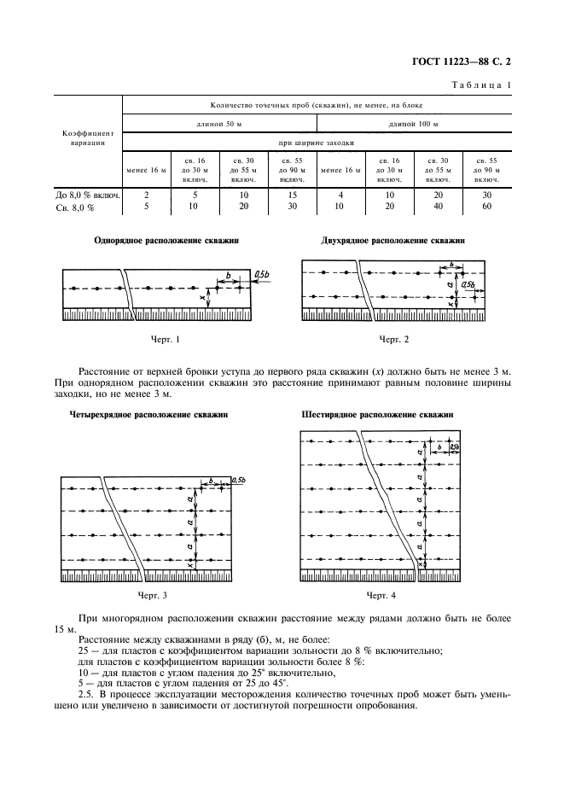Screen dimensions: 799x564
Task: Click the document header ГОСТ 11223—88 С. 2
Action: (x=466, y=61)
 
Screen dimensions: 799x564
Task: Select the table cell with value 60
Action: (x=486, y=206)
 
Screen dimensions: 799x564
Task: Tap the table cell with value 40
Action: (x=438, y=206)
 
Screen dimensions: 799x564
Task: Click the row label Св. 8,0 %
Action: (x=73, y=206)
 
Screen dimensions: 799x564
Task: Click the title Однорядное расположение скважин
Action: (x=166, y=242)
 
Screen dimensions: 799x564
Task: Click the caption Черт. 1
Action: (x=165, y=340)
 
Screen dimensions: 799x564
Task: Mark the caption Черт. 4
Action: (x=380, y=594)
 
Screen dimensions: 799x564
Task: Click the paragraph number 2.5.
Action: (x=87, y=695)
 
